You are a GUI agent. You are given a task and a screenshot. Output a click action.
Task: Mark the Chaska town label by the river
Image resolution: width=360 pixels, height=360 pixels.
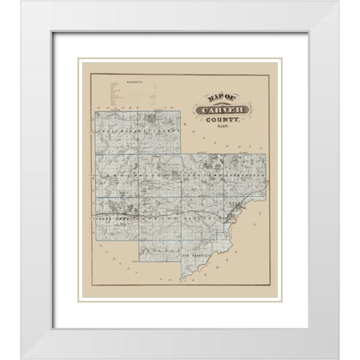click(x=238, y=204)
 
